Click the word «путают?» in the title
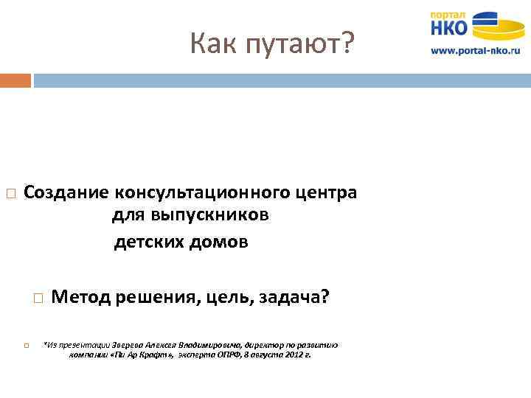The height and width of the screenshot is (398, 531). pos(305,45)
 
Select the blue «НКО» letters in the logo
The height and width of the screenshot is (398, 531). pos(449,28)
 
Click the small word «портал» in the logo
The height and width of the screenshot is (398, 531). pos(448,14)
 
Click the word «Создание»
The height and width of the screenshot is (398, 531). pos(66,193)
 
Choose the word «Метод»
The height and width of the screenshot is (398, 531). pos(81,297)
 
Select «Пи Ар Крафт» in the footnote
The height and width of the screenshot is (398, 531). pos(143,355)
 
